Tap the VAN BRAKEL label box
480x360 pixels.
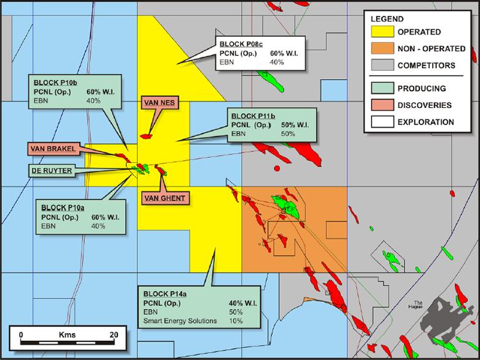[56, 149]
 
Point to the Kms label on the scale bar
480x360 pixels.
[67, 334]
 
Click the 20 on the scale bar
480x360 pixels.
[114, 334]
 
